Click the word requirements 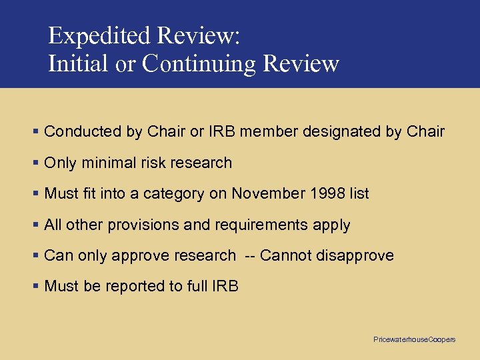261,225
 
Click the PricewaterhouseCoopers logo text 414,340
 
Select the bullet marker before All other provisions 35,225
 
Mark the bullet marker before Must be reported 35,287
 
